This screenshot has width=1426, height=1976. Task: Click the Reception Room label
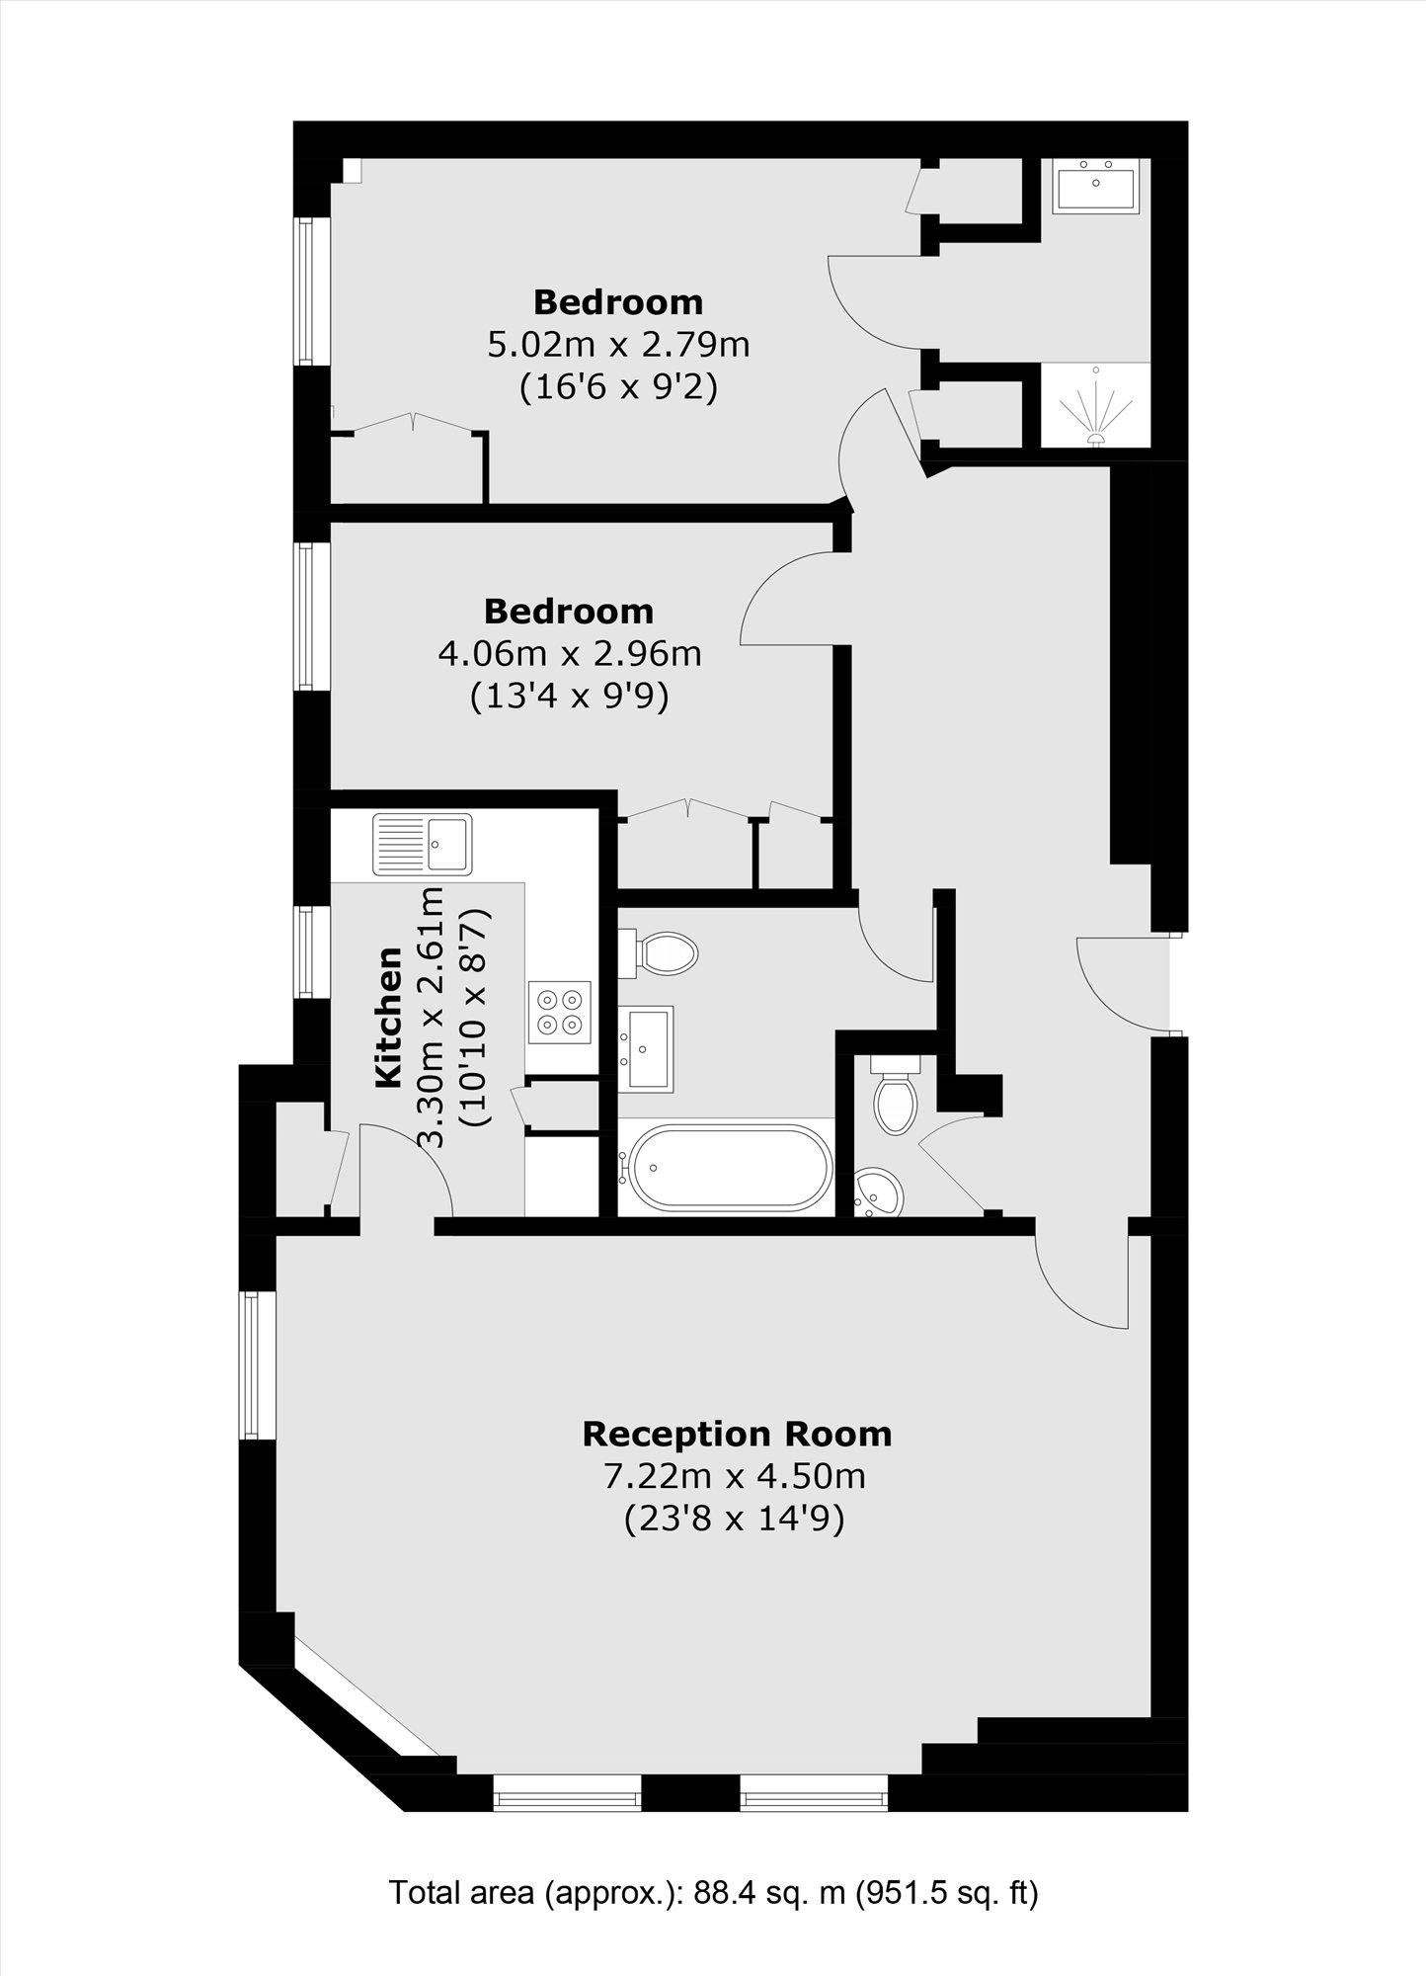click(x=737, y=1434)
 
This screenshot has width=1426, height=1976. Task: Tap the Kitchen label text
click(x=390, y=1018)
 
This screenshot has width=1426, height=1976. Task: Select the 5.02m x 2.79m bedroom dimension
click(x=618, y=345)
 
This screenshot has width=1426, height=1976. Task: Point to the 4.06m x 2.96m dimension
click(x=569, y=653)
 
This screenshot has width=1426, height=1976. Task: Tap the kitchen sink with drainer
click(x=423, y=844)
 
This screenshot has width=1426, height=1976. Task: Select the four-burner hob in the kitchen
click(x=560, y=1012)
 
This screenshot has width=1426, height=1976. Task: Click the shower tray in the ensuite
click(x=1096, y=406)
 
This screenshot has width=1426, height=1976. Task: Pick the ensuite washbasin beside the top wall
click(x=1095, y=185)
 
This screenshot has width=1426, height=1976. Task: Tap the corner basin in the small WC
click(x=878, y=1193)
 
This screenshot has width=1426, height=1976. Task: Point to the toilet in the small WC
click(x=896, y=1093)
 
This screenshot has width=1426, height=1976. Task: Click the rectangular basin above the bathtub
click(x=646, y=1048)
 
